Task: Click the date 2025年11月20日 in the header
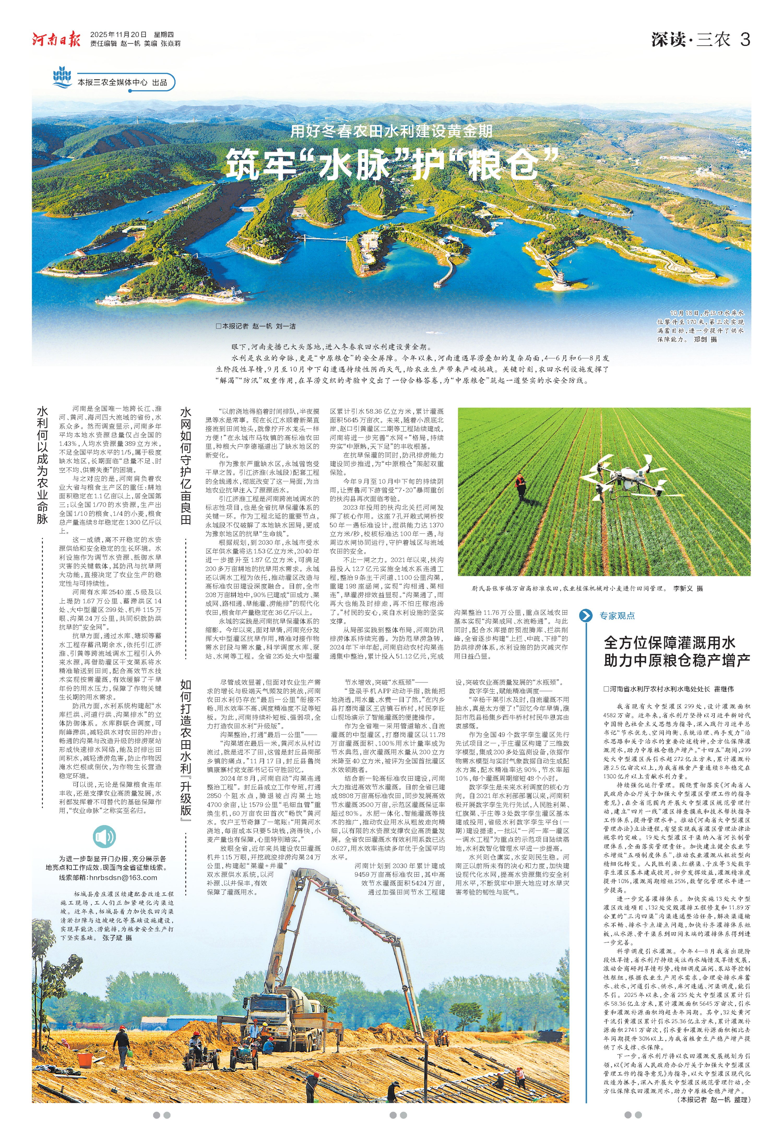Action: point(118,34)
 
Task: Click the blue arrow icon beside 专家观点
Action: point(585,615)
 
